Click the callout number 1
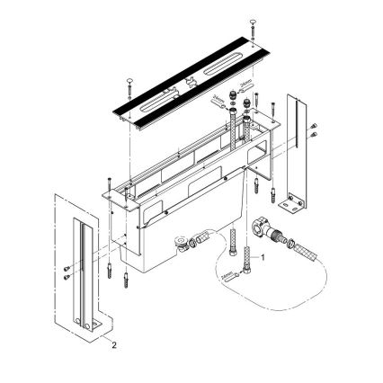point(263,256)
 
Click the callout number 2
point(112,342)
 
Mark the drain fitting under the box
point(187,242)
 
